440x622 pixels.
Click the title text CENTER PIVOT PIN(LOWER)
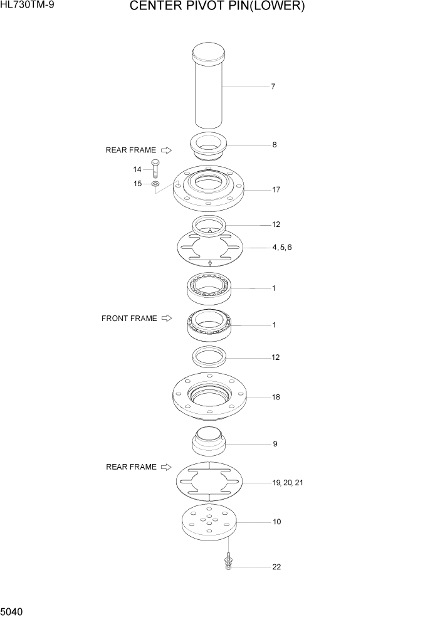tap(217, 8)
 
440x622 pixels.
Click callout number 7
tap(273, 87)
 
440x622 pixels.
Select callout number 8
tap(274, 145)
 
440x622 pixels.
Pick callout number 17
tap(276, 189)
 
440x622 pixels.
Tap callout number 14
tap(137, 169)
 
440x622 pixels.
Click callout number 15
tap(137, 184)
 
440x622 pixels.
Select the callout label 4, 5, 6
tap(281, 248)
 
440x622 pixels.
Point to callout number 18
tap(276, 398)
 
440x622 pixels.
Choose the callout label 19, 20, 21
tap(288, 483)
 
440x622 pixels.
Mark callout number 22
tap(276, 567)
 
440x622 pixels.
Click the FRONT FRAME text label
tap(129, 319)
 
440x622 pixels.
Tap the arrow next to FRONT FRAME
tap(166, 319)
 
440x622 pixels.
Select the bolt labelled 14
tap(155, 171)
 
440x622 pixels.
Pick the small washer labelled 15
tap(155, 184)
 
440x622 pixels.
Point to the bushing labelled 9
tap(208, 442)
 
